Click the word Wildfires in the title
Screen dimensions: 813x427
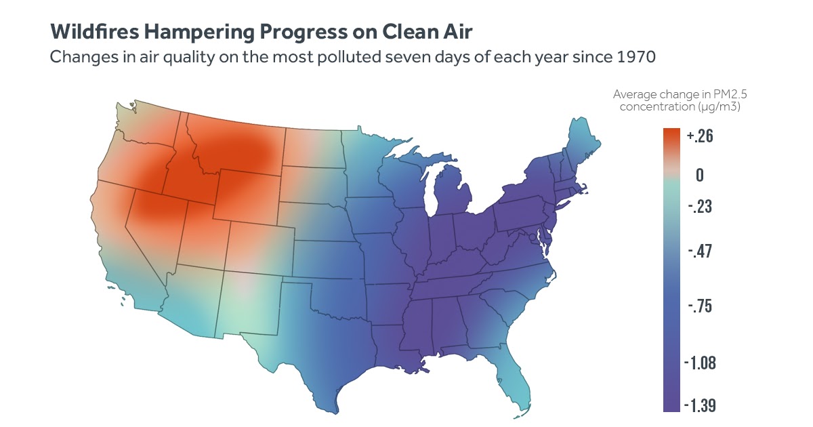(x=95, y=32)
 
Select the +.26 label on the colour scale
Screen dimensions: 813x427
(x=700, y=136)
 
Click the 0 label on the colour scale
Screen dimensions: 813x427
(x=700, y=175)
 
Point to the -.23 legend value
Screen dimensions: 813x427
(x=700, y=206)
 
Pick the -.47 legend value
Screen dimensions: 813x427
(x=700, y=251)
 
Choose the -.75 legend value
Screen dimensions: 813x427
(x=700, y=306)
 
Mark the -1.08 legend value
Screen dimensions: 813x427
(x=700, y=363)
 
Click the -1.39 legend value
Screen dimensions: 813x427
(x=700, y=405)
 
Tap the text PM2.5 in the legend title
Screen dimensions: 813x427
(x=730, y=94)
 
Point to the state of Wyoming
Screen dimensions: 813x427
(x=248, y=197)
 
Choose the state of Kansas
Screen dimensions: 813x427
(x=329, y=260)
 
